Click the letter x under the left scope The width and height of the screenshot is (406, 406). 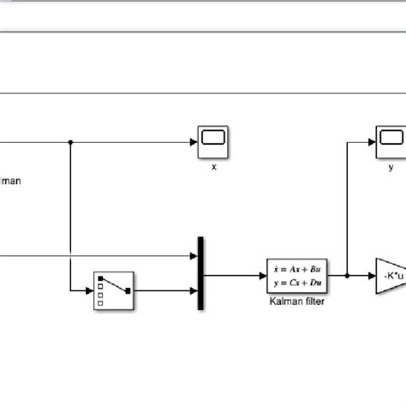click(x=213, y=168)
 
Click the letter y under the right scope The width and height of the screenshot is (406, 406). click(x=391, y=168)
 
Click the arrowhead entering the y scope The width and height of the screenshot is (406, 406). click(x=372, y=140)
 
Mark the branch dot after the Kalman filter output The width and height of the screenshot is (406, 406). click(x=347, y=276)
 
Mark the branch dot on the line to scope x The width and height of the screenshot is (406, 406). click(x=70, y=140)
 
